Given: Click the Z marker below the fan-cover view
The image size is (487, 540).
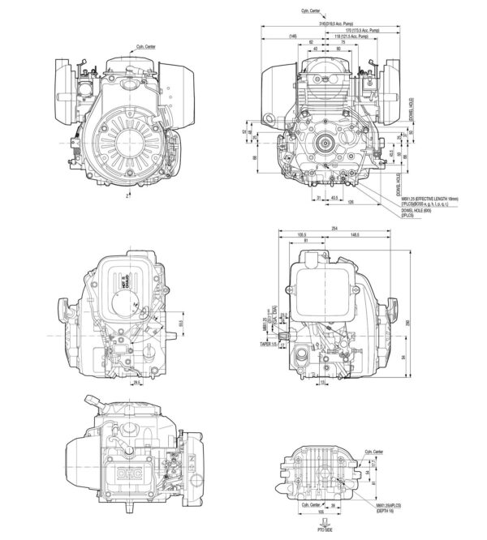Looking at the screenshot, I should pos(129,195).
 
